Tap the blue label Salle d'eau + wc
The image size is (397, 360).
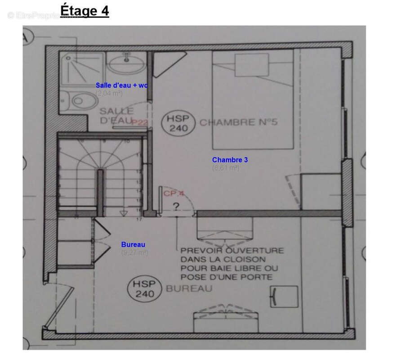click(x=121, y=85)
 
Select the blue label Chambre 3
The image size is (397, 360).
click(x=230, y=160)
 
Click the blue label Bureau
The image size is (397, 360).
click(x=133, y=244)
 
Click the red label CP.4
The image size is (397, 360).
click(x=174, y=194)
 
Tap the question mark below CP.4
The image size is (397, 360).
click(x=176, y=207)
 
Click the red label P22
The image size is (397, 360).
click(x=140, y=122)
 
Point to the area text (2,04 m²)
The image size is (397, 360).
click(x=109, y=94)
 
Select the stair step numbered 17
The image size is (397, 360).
click(x=139, y=219)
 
